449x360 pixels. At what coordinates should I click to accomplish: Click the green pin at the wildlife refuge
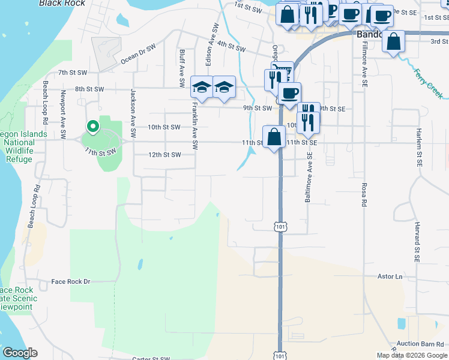92,127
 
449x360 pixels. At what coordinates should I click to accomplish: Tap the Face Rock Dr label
70,281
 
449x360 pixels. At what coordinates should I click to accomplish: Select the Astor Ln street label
389,277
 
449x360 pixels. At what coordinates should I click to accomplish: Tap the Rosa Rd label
364,194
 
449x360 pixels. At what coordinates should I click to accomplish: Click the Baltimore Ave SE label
309,176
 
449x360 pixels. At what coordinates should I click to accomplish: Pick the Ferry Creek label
429,83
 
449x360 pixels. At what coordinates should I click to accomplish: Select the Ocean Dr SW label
138,53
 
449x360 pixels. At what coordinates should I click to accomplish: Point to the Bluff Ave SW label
181,68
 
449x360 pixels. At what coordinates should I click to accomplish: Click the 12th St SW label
164,155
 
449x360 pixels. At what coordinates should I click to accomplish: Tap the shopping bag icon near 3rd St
394,42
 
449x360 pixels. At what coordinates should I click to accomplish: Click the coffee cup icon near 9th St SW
289,93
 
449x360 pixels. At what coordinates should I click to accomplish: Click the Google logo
20,353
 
